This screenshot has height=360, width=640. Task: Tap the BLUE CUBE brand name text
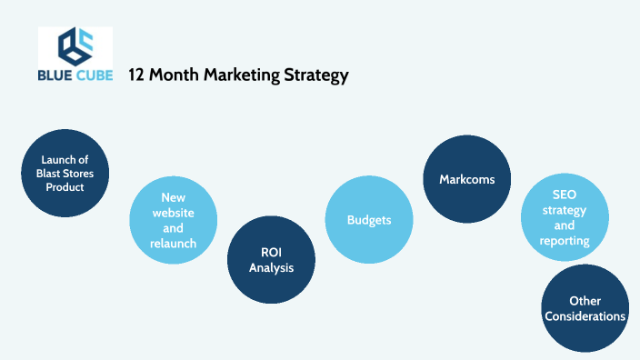pyautogui.click(x=75, y=76)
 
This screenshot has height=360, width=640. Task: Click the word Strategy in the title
pyautogui.click(x=315, y=75)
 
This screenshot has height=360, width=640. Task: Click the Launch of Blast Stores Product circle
pyautogui.click(x=65, y=173)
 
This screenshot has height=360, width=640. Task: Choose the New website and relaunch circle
pyautogui.click(x=173, y=220)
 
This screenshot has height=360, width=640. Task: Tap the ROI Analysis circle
pyautogui.click(x=270, y=259)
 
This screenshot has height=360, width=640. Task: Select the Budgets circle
pyautogui.click(x=369, y=220)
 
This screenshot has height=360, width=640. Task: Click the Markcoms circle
pyautogui.click(x=466, y=179)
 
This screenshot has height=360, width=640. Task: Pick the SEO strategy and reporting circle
pyautogui.click(x=564, y=217)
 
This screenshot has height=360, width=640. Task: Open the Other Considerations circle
pyautogui.click(x=585, y=308)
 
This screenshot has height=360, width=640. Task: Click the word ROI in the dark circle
pyautogui.click(x=271, y=252)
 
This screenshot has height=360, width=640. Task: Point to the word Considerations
pyautogui.click(x=585, y=316)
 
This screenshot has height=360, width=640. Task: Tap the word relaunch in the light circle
pyautogui.click(x=173, y=243)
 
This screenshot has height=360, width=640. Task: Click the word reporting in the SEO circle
pyautogui.click(x=564, y=241)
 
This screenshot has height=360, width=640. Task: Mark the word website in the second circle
pyautogui.click(x=173, y=212)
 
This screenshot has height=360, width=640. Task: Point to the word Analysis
pyautogui.click(x=271, y=267)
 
